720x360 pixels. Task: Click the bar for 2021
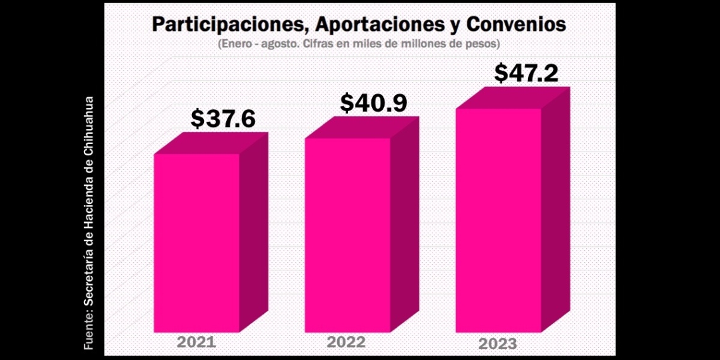pyautogui.click(x=197, y=243)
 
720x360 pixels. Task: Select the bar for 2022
pyautogui.click(x=347, y=235)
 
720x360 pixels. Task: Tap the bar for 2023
pyautogui.click(x=498, y=221)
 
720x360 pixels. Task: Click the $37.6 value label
pyautogui.click(x=223, y=118)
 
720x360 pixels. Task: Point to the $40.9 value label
pyautogui.click(x=373, y=104)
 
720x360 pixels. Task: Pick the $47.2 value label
pyautogui.click(x=526, y=73)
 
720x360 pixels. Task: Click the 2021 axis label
pyautogui.click(x=196, y=342)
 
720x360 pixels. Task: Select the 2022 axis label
pyautogui.click(x=346, y=342)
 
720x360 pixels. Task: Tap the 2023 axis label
pyautogui.click(x=498, y=344)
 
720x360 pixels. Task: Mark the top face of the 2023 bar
pyautogui.click(x=513, y=98)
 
